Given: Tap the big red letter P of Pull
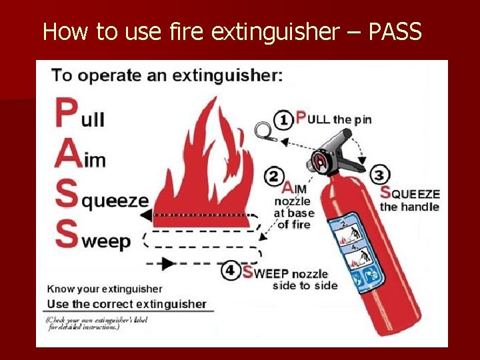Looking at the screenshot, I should (x=66, y=114).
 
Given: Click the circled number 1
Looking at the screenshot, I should (x=284, y=120).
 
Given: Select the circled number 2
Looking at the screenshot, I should (x=273, y=177).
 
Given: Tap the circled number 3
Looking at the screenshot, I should (x=379, y=175).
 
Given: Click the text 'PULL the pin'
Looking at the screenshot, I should (x=333, y=119).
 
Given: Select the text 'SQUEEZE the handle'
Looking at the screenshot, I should (x=409, y=200).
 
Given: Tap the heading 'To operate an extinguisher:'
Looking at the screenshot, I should (x=167, y=75).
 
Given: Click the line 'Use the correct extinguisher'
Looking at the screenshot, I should (x=127, y=304).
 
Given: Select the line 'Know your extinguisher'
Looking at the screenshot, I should (x=105, y=289).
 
